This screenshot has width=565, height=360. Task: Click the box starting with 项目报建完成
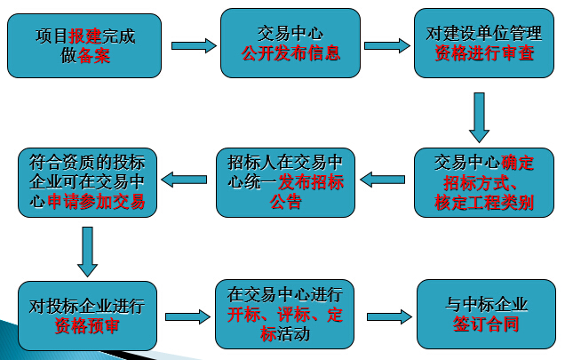click(x=87, y=44)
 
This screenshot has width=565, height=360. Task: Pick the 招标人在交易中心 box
click(x=284, y=182)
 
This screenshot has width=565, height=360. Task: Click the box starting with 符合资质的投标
click(x=87, y=182)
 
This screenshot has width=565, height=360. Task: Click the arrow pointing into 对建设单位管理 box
click(x=387, y=44)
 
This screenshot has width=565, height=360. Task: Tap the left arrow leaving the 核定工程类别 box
click(x=383, y=180)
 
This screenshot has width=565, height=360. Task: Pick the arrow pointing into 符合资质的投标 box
click(x=187, y=180)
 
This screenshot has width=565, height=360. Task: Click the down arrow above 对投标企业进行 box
click(x=86, y=251)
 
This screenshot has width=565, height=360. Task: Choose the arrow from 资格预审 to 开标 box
click(x=187, y=316)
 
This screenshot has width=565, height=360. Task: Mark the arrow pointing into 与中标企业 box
click(x=388, y=316)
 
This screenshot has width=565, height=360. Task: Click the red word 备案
click(x=95, y=54)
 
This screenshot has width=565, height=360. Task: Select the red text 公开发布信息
click(x=290, y=52)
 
